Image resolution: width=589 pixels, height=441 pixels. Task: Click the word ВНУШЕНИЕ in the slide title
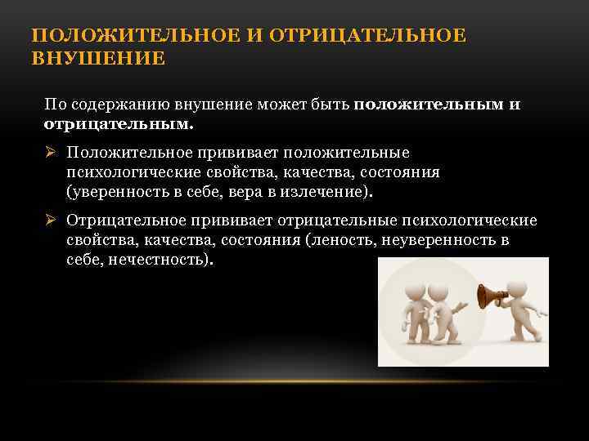(98, 59)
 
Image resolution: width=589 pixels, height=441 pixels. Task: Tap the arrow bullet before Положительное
(51, 153)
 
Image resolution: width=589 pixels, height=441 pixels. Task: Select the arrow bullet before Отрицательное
(51, 220)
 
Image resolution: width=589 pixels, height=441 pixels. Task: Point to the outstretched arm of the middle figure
(461, 306)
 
